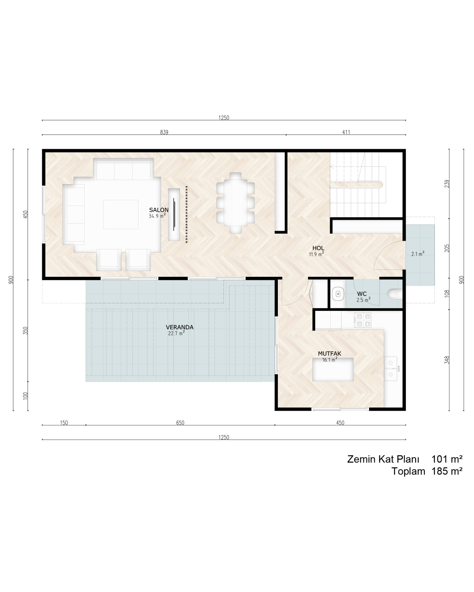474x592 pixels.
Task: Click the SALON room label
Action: click(158, 210)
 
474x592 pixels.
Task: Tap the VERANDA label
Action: click(180, 327)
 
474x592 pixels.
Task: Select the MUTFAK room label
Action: click(330, 353)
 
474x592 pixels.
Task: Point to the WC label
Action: click(362, 294)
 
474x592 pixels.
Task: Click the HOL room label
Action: click(318, 248)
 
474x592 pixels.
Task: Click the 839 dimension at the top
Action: click(164, 132)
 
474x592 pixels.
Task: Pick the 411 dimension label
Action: click(346, 132)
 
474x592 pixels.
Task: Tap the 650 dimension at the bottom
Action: click(180, 423)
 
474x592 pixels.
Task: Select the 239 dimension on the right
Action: click(447, 184)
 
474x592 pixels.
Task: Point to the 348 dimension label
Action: click(447, 360)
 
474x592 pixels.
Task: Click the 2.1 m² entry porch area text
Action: click(418, 253)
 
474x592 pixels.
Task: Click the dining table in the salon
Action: click(236, 203)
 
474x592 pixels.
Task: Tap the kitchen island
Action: click(333, 369)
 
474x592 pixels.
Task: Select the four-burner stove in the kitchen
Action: click(363, 320)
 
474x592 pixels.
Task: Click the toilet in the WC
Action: click(395, 294)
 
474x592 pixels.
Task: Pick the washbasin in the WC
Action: click(338, 294)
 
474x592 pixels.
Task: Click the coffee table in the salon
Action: click(121, 214)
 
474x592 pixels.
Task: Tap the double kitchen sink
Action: click(391, 368)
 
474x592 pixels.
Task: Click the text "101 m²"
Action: click(447, 459)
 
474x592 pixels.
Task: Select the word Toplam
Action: click(409, 471)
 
